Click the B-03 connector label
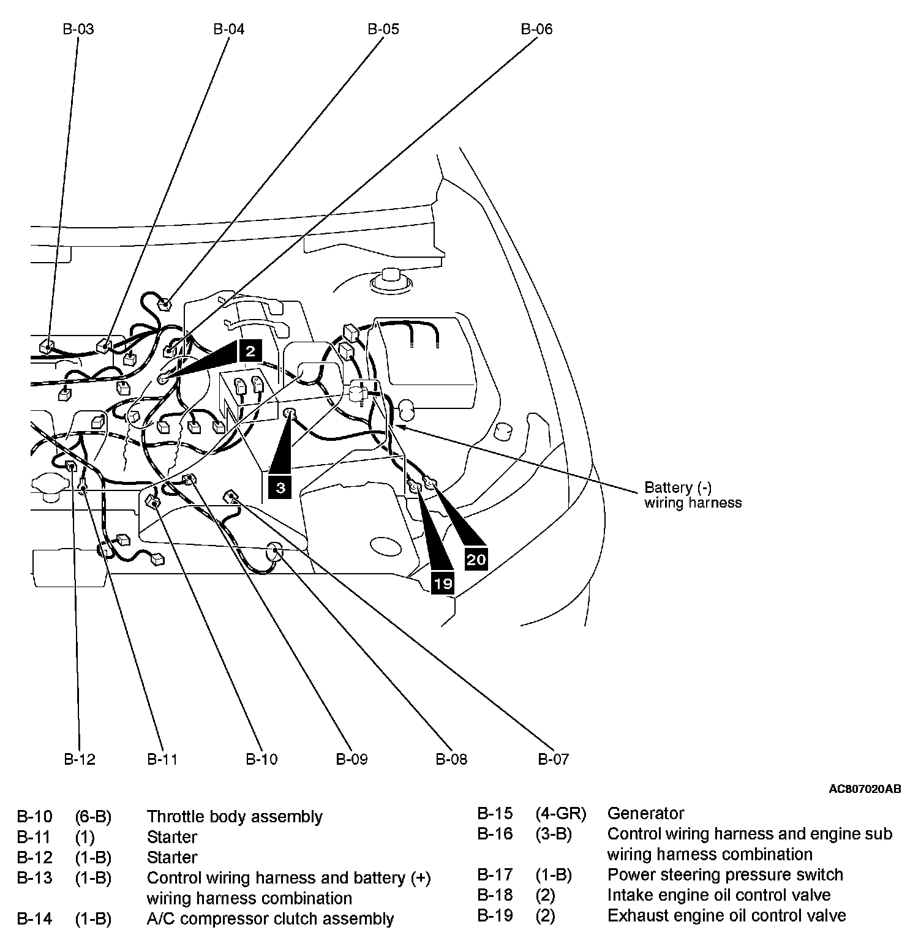[78, 29]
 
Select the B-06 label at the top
[536, 29]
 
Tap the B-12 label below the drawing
[80, 759]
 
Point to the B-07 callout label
[554, 759]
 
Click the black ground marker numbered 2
[250, 351]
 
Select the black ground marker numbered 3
[280, 487]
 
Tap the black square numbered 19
[443, 583]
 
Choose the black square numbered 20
[476, 559]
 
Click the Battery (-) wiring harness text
[693, 495]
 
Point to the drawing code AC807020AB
[865, 789]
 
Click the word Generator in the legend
[645, 813]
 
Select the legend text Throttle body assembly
[235, 817]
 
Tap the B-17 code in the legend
[495, 874]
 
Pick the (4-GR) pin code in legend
[560, 813]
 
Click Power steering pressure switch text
[725, 874]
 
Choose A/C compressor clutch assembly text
[270, 918]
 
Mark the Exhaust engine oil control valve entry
[726, 915]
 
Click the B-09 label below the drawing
[351, 759]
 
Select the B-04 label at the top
[229, 29]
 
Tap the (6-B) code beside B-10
[93, 817]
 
